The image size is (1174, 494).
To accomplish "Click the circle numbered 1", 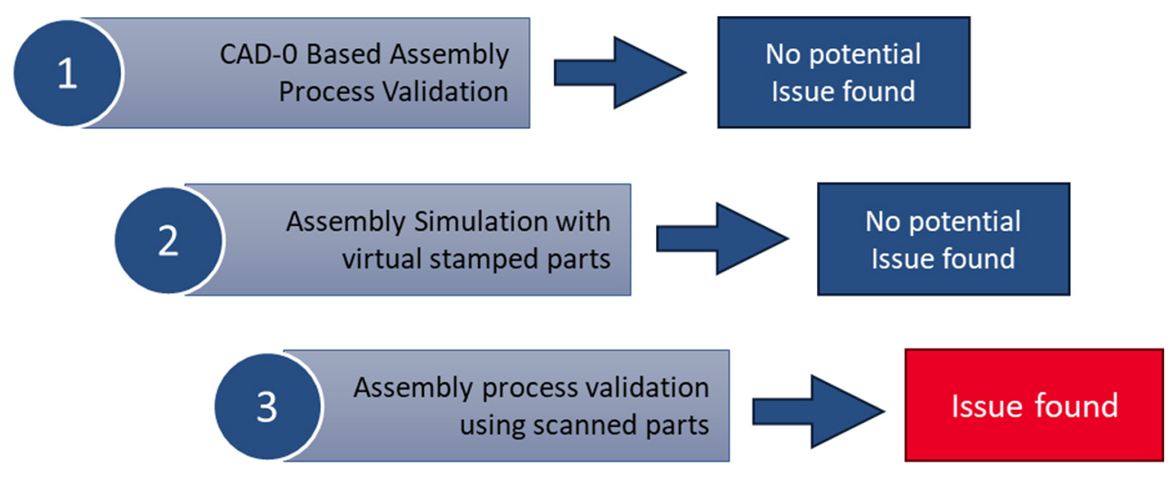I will [x=68, y=73].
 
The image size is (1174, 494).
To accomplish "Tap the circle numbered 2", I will [x=168, y=240].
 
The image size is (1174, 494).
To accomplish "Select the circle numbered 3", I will [x=267, y=406].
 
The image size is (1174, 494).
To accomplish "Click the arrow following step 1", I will [x=619, y=72].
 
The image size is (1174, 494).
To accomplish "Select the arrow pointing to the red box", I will [x=819, y=407].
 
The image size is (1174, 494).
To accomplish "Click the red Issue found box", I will [x=1034, y=405].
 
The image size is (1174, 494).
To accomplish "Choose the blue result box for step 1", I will [x=842, y=72].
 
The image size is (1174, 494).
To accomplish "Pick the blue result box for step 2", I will [x=943, y=239].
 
